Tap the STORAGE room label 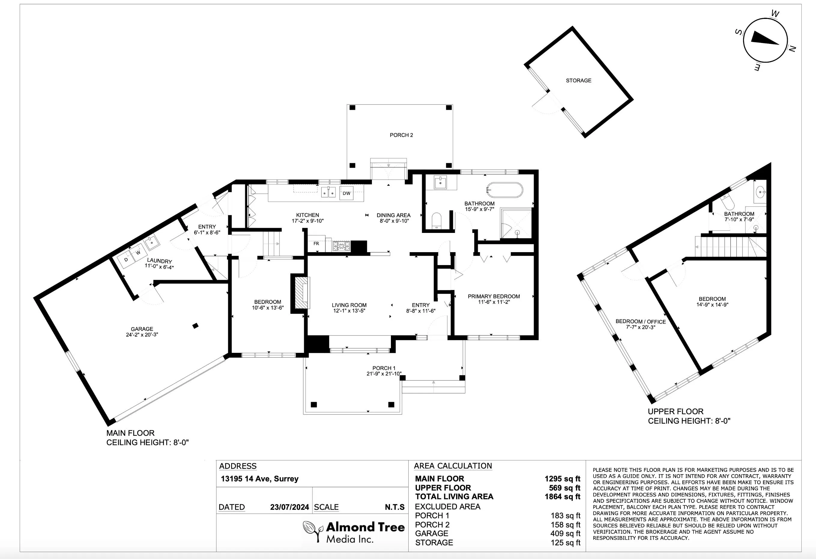[x=578, y=81]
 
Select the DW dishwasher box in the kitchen [x=346, y=193]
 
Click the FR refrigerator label [x=316, y=244]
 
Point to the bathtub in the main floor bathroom [x=505, y=190]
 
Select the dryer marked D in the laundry [x=126, y=260]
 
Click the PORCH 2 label [x=401, y=135]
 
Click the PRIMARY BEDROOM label [x=494, y=296]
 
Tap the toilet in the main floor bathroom [x=437, y=220]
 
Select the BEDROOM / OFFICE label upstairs [x=640, y=321]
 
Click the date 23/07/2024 [x=289, y=507]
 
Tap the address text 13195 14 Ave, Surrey [x=259, y=479]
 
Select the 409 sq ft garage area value [x=565, y=533]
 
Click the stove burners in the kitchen [x=341, y=246]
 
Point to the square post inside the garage [x=195, y=326]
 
